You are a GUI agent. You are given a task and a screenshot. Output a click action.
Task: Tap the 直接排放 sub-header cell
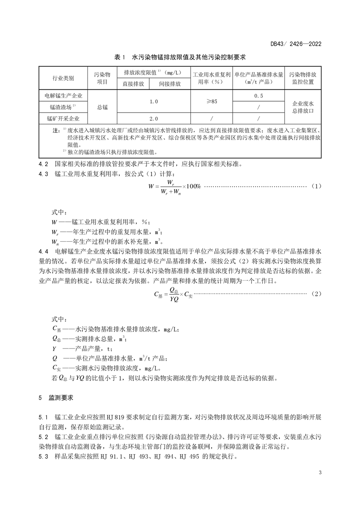point(133,84)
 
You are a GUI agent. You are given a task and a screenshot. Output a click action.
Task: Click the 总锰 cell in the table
point(102,107)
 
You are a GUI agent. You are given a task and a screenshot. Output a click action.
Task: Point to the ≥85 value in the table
point(211,102)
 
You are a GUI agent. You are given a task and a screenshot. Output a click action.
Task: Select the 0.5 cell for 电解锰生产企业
point(258,96)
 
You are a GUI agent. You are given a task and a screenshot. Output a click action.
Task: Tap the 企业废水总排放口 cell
point(302,107)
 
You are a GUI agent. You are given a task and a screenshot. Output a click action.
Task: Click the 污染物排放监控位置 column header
point(302,78)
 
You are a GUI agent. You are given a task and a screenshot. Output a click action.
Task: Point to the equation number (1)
point(316,186)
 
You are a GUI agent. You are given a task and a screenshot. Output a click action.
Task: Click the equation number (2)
point(316,294)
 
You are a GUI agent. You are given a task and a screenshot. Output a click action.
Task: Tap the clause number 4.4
point(44,251)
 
